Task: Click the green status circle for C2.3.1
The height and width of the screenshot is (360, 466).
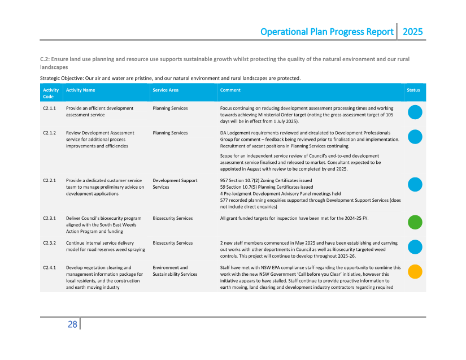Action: (415, 222)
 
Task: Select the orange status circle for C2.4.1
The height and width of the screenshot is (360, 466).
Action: (415, 271)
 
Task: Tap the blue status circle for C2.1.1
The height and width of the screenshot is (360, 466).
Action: (415, 112)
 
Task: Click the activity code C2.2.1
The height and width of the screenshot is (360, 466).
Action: (49, 181)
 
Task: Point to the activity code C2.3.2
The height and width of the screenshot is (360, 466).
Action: (49, 243)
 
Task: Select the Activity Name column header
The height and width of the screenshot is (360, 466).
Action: (80, 90)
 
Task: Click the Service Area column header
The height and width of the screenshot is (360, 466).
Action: (166, 90)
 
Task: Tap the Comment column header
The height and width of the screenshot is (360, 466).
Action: (230, 90)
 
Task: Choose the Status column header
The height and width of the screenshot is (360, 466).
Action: (413, 90)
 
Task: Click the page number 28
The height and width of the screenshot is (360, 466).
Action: (72, 324)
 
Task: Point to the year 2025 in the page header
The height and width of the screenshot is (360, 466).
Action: (412, 32)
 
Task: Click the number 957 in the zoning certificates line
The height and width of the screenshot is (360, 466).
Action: (224, 181)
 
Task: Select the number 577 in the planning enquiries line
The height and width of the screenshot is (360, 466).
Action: (224, 199)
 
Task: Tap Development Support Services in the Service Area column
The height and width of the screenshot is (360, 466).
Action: (175, 184)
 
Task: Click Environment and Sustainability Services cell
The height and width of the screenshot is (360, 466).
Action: (175, 271)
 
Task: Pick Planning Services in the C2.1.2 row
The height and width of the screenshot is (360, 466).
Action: (170, 133)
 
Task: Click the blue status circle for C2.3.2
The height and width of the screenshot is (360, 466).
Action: (415, 247)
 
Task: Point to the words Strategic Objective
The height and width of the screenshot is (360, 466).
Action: (62, 78)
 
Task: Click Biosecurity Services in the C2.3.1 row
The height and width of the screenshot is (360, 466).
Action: (172, 218)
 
